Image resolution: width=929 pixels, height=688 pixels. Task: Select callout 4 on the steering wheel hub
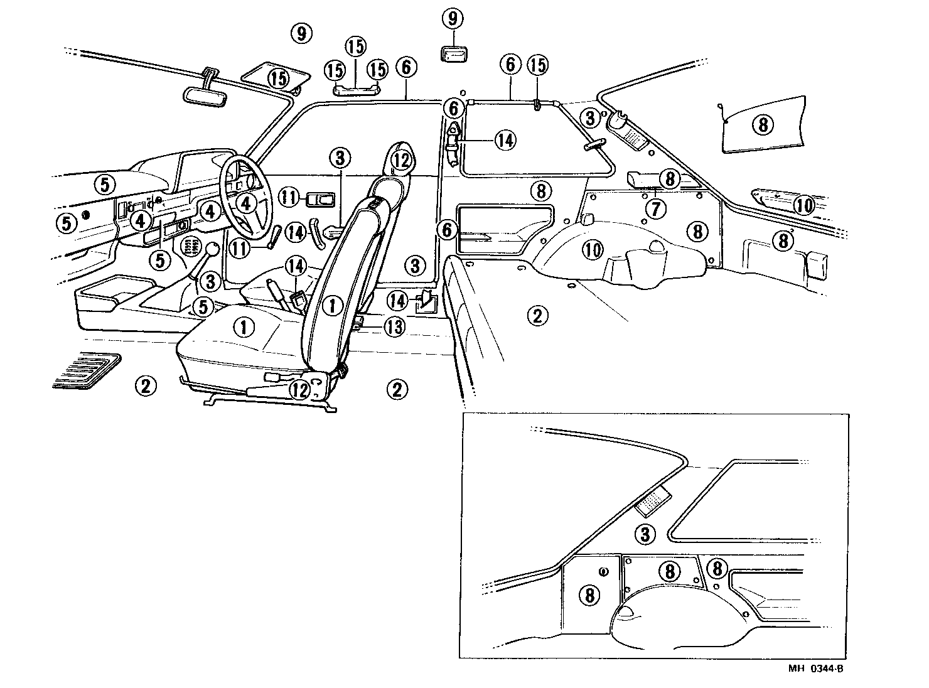point(247,203)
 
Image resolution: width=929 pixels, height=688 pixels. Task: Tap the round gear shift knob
point(213,249)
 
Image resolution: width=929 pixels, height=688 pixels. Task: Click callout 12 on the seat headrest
point(401,161)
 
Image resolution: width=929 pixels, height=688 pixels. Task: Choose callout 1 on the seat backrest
point(333,306)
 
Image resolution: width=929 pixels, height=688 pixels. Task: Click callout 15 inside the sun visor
point(279,78)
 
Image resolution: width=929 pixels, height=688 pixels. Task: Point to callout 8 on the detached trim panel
point(763,125)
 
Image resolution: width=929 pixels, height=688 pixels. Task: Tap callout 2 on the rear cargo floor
point(537,315)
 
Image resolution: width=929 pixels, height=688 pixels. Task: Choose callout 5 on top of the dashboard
point(105,184)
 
